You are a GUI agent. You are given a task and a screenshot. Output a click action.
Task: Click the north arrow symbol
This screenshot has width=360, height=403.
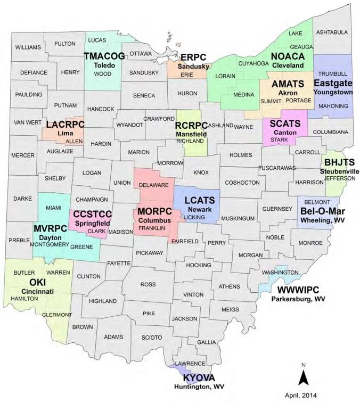303,377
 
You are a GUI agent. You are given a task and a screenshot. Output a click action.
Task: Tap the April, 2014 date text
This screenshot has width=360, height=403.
304,395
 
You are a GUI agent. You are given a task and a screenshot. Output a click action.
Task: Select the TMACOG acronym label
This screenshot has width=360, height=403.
104,56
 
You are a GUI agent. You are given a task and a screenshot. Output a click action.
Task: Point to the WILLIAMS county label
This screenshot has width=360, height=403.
28,47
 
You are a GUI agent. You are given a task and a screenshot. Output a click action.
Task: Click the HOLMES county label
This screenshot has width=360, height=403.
240,155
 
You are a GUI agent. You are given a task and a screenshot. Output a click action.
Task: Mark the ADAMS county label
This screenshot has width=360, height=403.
113,337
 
